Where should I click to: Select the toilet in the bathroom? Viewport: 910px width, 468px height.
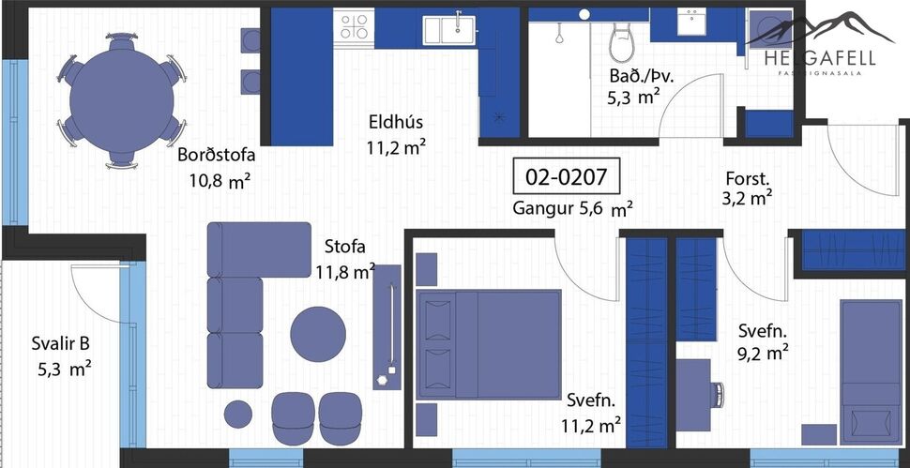[621, 42]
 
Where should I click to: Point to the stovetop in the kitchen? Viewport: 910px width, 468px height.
[355, 25]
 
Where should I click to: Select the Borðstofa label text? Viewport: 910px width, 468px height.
[217, 156]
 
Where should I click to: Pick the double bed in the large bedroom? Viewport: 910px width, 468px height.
[488, 344]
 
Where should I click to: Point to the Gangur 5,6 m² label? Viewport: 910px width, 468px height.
[572, 209]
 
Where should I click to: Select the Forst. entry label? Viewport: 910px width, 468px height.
[748, 177]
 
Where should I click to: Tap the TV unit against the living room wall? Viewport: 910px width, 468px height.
[387, 326]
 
